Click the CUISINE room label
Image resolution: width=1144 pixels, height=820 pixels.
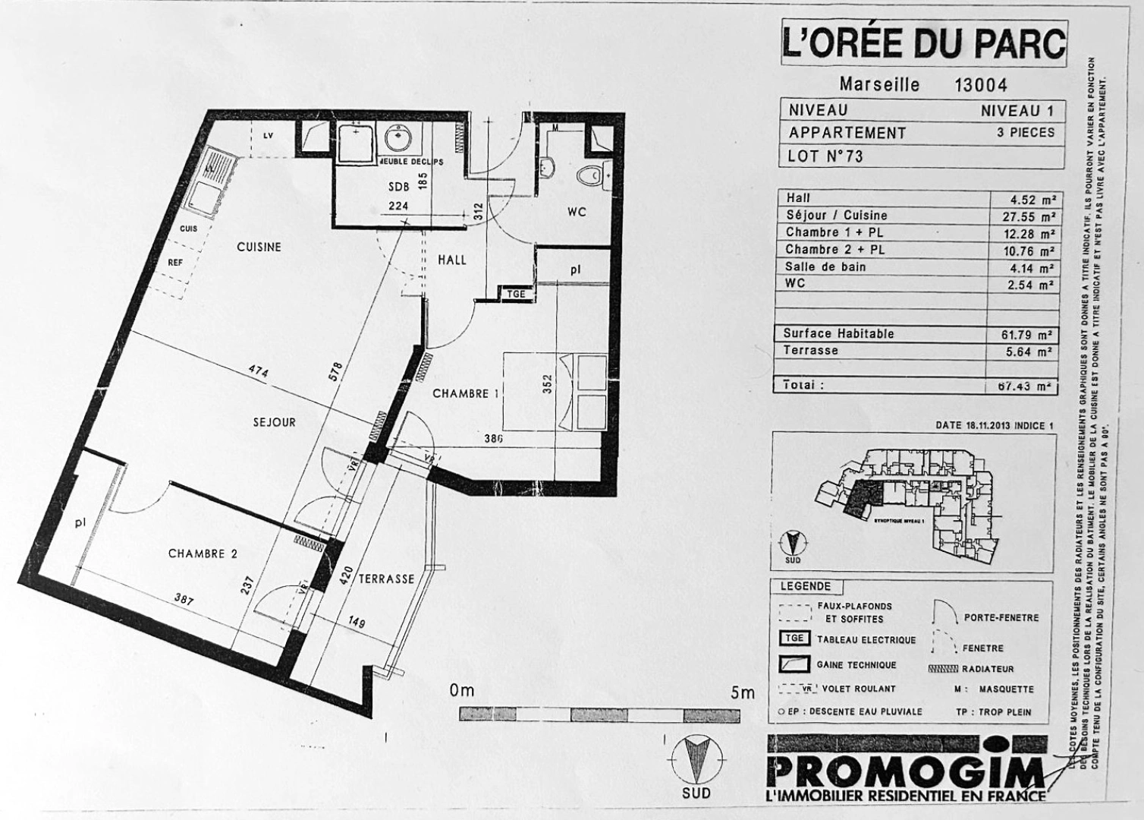pyautogui.click(x=259, y=247)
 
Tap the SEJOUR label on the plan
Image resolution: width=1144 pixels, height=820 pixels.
pyautogui.click(x=275, y=422)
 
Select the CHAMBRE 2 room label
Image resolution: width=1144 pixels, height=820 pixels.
pyautogui.click(x=203, y=553)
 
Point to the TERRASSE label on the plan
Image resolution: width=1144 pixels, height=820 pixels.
pyautogui.click(x=387, y=579)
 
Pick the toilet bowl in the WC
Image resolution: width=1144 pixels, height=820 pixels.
pyautogui.click(x=589, y=175)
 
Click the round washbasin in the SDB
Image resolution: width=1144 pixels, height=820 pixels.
pyautogui.click(x=398, y=139)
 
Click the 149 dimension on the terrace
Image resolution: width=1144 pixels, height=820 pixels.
pyautogui.click(x=355, y=623)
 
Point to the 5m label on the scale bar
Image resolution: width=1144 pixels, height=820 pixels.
pyautogui.click(x=743, y=692)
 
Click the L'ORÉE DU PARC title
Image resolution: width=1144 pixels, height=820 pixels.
pyautogui.click(x=923, y=43)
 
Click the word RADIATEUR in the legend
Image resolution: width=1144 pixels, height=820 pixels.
pyautogui.click(x=988, y=669)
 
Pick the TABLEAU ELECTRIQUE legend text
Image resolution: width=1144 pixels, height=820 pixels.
pyautogui.click(x=866, y=640)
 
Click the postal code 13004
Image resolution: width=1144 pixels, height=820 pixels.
pyautogui.click(x=980, y=84)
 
